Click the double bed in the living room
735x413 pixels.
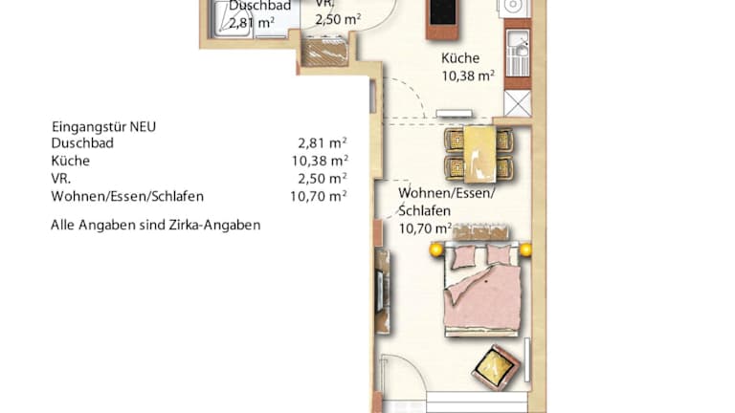coord(482,289)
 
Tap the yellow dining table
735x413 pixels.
coord(479,154)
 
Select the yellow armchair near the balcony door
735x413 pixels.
coord(496,367)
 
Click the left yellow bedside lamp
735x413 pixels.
coord(436,250)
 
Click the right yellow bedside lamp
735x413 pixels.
coord(525,250)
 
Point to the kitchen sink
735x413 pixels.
coord(518,51)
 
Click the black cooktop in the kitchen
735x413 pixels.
coord(442,13)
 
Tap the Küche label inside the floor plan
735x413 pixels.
coord(460,58)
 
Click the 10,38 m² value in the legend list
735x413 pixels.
coord(320,161)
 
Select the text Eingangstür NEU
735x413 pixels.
coord(103,126)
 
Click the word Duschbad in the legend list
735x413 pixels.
coord(82,142)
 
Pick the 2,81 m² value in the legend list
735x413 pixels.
coord(323,141)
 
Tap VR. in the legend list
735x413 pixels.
coord(61,179)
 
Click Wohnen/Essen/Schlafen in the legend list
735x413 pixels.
coord(127,196)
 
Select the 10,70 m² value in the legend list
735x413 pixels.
coord(319,196)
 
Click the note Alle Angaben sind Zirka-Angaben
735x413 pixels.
coord(156,225)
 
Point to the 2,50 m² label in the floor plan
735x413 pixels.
coord(338,19)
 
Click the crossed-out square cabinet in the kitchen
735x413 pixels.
coord(518,103)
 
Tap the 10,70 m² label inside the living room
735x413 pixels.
coord(425,228)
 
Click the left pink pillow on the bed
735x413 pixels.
coord(463,257)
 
